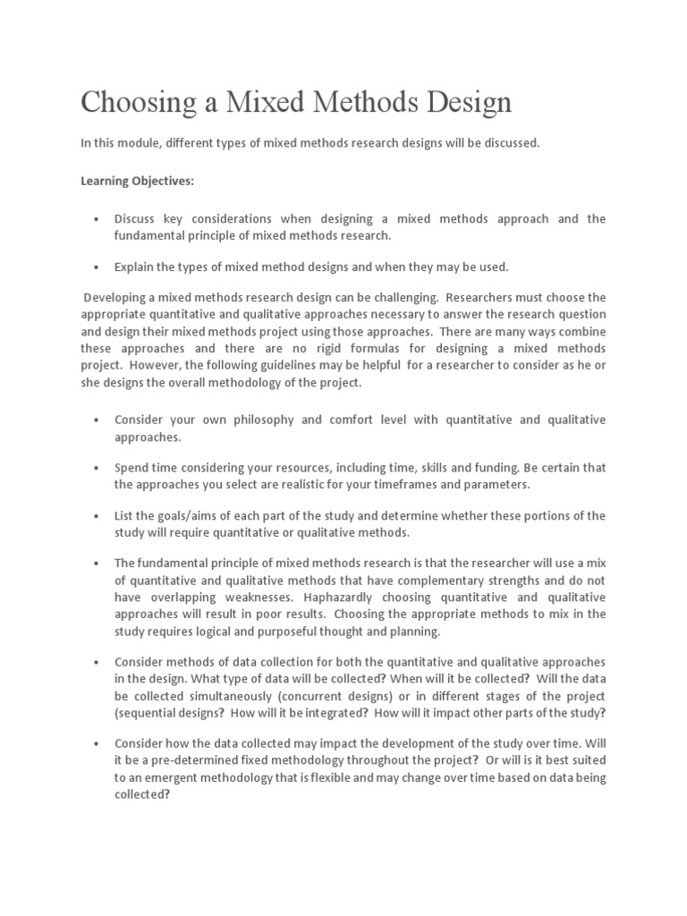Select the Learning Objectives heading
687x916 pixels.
[x=137, y=181]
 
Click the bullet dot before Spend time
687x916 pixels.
[x=96, y=468]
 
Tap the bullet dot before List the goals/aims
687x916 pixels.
[x=96, y=516]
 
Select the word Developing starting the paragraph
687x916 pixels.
[x=118, y=298]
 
